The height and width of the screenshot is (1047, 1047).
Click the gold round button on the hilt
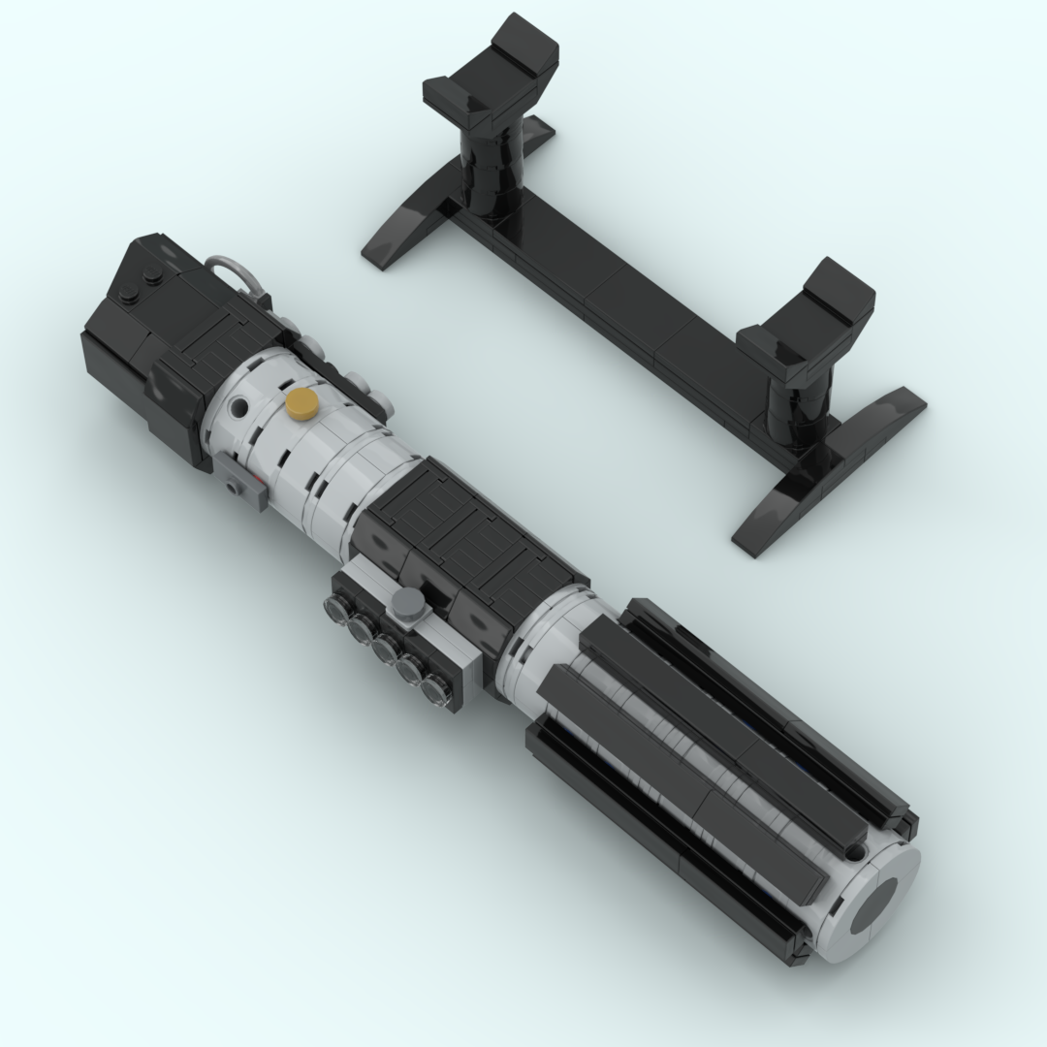(302, 403)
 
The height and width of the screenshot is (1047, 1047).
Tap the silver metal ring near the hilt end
(228, 270)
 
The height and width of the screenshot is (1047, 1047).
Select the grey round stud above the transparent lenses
(408, 606)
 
